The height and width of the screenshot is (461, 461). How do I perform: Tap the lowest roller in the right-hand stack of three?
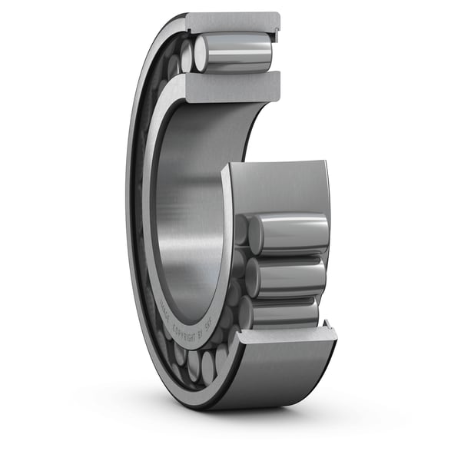pyautogui.click(x=284, y=312)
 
